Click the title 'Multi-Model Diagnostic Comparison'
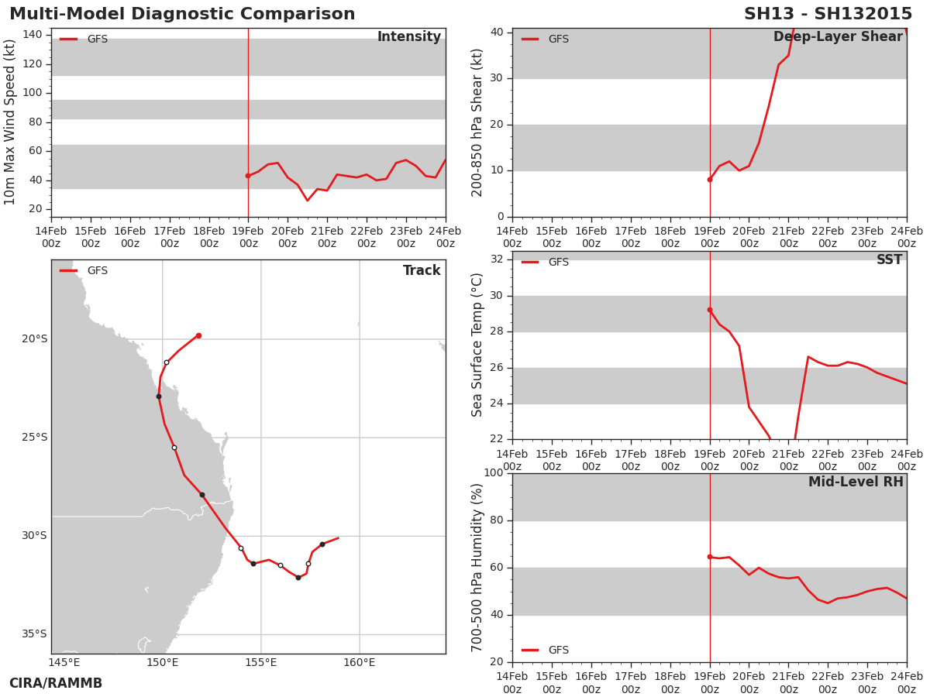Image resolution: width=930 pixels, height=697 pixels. (182, 13)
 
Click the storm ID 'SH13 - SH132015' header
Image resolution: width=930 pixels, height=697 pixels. (828, 13)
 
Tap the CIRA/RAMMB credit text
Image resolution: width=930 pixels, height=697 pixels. (56, 683)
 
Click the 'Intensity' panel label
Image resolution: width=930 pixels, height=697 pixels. (409, 36)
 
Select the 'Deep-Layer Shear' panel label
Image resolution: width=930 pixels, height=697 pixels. (838, 37)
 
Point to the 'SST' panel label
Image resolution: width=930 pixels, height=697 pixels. (890, 259)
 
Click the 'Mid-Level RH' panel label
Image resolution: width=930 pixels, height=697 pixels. (856, 482)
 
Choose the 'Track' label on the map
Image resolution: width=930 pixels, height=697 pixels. (422, 270)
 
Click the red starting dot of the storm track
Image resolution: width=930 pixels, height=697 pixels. (198, 335)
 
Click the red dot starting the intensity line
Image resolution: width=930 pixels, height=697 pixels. (248, 176)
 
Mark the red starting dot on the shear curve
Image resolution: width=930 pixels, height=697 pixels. (710, 180)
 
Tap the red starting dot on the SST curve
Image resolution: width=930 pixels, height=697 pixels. (710, 310)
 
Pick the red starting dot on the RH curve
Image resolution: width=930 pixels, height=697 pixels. (710, 557)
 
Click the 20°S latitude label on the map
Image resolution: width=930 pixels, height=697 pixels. (35, 339)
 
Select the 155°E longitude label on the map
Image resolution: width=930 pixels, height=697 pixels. (261, 662)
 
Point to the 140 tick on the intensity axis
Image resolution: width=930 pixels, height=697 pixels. (33, 35)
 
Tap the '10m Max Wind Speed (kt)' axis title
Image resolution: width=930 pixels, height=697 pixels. (9, 122)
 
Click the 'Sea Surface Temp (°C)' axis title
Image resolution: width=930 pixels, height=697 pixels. (477, 345)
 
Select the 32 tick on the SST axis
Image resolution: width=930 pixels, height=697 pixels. (497, 259)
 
